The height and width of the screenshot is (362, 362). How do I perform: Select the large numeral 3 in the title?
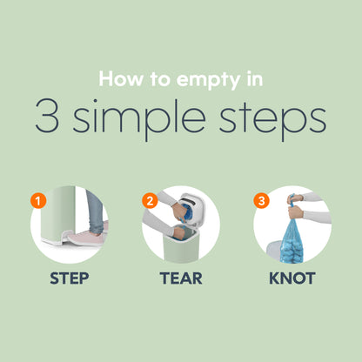pos(47,116)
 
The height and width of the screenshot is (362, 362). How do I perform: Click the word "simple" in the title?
pos(139,119)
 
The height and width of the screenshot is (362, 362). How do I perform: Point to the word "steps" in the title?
pos(272,120)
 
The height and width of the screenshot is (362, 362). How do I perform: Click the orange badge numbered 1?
pos(38,200)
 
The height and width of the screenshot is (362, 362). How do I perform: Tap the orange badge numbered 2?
pos(150,200)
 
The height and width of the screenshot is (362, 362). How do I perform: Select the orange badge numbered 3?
pos(262,200)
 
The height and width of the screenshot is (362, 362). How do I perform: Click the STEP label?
pos(70,278)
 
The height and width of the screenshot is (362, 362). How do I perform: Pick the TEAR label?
pos(181,278)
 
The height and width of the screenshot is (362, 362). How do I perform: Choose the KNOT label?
pos(292,278)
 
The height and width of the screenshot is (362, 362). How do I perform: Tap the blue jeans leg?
pos(95,211)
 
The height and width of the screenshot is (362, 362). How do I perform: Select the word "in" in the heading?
pos(255,79)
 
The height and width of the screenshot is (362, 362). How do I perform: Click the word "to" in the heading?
pos(160,79)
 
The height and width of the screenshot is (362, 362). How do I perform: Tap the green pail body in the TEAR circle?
pos(181,249)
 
